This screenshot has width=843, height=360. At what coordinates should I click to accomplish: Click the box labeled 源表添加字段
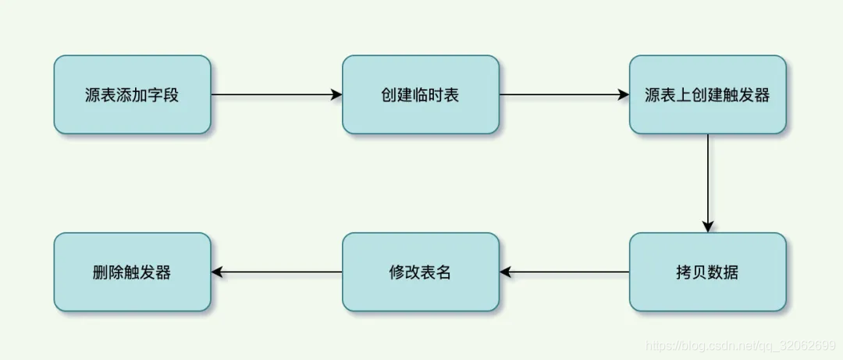coord(132,94)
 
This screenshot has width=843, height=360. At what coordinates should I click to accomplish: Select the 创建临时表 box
coord(420,94)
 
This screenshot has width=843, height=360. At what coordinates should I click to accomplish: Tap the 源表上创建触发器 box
coord(707,94)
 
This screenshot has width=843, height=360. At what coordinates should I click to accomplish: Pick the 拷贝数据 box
coord(707,272)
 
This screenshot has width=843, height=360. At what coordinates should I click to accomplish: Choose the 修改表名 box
coord(420,272)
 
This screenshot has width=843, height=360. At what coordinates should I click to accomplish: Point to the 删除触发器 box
coord(132,272)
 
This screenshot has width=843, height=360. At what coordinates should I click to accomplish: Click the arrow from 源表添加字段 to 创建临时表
coord(273,94)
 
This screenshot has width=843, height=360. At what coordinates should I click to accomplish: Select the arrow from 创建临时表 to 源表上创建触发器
coord(562,94)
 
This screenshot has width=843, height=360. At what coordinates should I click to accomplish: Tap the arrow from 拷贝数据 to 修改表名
coord(566,272)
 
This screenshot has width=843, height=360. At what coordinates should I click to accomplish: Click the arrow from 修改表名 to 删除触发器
coord(278,272)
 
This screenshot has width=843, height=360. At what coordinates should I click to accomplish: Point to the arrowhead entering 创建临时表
coord(336,94)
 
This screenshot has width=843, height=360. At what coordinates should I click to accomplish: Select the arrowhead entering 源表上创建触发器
coord(624,94)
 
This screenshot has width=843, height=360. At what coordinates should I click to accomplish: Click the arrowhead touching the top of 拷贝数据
coord(707,226)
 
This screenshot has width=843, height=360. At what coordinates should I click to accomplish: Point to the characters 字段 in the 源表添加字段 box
coord(163,95)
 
